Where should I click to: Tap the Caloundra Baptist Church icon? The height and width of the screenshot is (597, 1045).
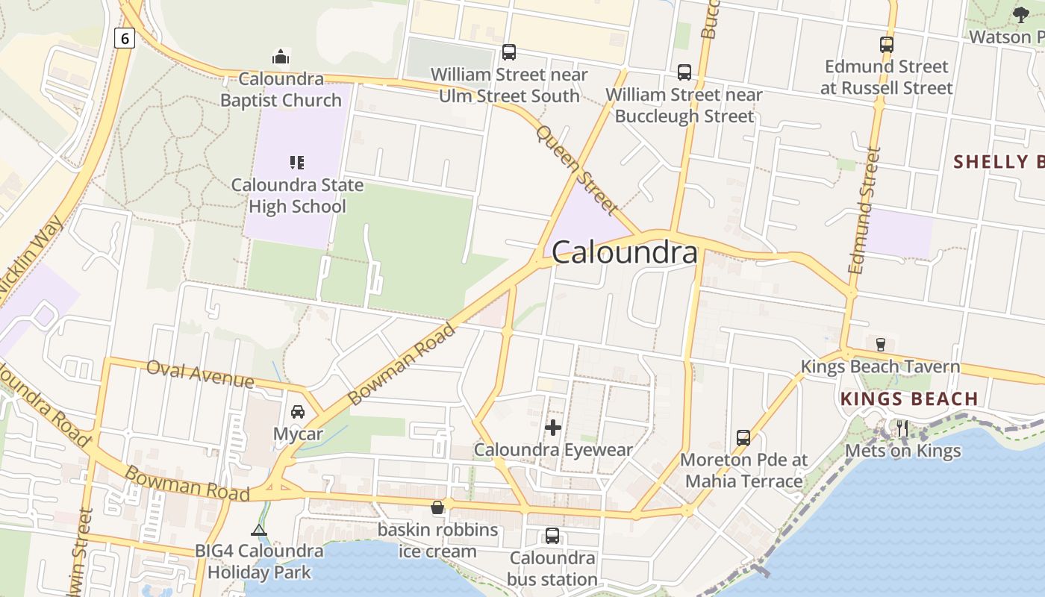coord(281,57)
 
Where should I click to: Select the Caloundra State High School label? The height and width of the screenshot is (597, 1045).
coord(297,196)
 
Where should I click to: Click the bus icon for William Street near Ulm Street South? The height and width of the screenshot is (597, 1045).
coord(509,51)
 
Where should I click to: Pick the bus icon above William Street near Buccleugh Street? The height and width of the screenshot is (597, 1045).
coord(684,72)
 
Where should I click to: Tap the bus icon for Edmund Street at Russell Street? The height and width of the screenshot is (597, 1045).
coord(887,45)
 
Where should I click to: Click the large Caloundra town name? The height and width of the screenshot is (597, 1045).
coord(626,253)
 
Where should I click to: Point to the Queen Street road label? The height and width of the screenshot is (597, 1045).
coord(577,169)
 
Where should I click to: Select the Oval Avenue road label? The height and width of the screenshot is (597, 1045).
coord(200,373)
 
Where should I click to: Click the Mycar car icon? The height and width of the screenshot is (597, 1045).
coord(298,412)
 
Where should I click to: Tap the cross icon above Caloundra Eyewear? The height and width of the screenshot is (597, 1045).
coord(553,428)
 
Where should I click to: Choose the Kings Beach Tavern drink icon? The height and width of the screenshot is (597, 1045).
coord(880,344)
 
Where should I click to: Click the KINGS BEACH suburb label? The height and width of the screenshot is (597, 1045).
coord(909,399)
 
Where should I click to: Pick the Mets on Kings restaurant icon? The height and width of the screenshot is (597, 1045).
coord(902,428)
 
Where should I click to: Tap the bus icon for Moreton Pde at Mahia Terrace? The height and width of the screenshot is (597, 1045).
coord(743,437)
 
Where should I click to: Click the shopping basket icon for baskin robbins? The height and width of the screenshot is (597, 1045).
coord(437,508)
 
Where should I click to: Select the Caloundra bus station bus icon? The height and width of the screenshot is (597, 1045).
coord(552,535)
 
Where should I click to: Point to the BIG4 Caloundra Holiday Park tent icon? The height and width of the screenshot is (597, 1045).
coord(259,530)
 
